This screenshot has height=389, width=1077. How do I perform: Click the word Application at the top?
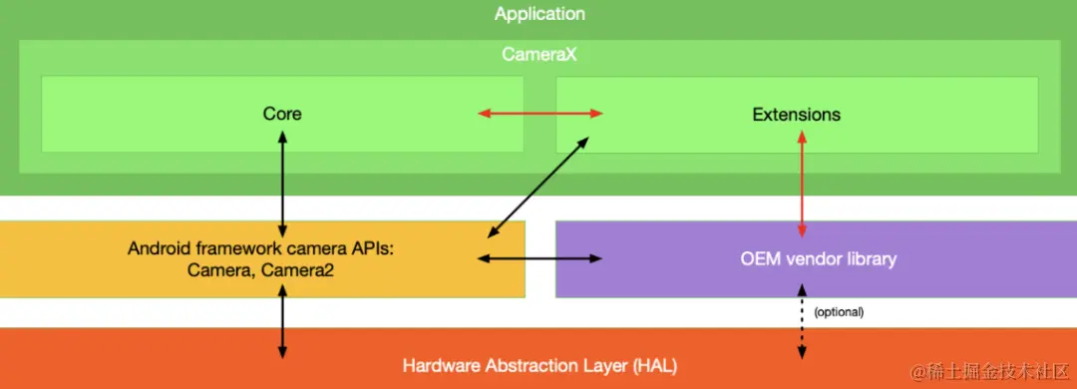point(539,14)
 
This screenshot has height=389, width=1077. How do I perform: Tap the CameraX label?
point(539,55)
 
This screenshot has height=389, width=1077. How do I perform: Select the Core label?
point(282,114)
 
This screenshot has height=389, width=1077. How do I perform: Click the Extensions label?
point(796,114)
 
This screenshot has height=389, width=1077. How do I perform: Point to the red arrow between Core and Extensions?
point(539,114)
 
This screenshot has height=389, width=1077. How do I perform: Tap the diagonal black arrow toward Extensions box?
point(536,188)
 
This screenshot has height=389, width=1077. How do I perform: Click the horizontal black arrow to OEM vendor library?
point(539,258)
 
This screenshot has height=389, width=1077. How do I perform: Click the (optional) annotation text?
point(839,311)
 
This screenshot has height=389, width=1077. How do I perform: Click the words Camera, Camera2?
point(262,268)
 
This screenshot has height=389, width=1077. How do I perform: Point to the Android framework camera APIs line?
point(261,248)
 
